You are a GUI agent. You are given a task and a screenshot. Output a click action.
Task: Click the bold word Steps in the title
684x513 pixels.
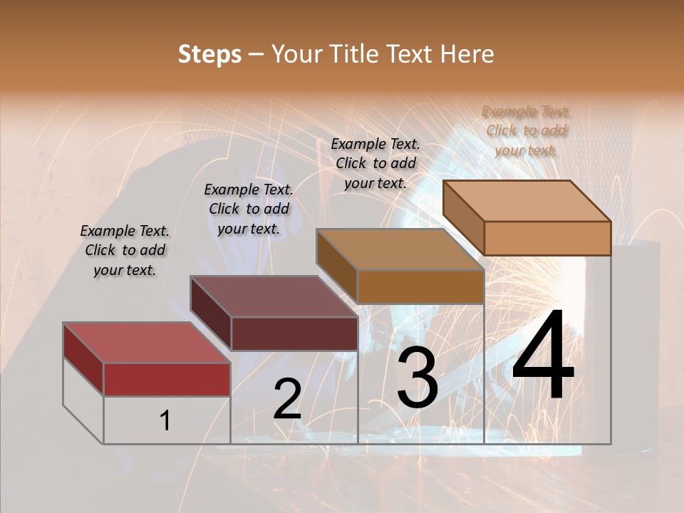pos(209,54)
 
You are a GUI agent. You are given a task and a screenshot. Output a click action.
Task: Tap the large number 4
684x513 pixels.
pos(543,356)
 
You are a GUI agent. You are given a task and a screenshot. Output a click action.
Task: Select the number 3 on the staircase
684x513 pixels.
pos(417,378)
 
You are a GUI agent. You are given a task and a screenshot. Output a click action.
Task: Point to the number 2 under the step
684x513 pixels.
pos(287,399)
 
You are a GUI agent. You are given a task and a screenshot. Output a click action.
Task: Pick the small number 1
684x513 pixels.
pos(165,421)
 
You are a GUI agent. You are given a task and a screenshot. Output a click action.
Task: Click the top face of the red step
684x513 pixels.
pos(146,343)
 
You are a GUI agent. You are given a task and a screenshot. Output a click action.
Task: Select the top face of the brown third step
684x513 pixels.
pos(399,249)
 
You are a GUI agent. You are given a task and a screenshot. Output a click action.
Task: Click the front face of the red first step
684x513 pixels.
pos(167,379)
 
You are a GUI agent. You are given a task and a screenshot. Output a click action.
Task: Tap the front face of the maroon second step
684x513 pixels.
pos(294,333)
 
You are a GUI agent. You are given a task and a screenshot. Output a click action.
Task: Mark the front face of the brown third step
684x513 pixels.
pos(420,286)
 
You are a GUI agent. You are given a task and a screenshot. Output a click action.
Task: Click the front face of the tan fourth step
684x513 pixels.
pos(547,238)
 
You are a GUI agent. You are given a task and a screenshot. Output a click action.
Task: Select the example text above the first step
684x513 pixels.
pos(125,251)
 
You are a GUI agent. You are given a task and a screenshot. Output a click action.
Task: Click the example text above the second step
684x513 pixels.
pos(249,209)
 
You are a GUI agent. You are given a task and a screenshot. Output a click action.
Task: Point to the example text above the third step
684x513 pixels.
pos(375,163)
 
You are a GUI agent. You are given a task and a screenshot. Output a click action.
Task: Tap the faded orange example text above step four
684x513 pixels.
pos(527,130)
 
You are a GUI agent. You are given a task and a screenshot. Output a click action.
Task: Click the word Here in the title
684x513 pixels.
pos(468,54)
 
